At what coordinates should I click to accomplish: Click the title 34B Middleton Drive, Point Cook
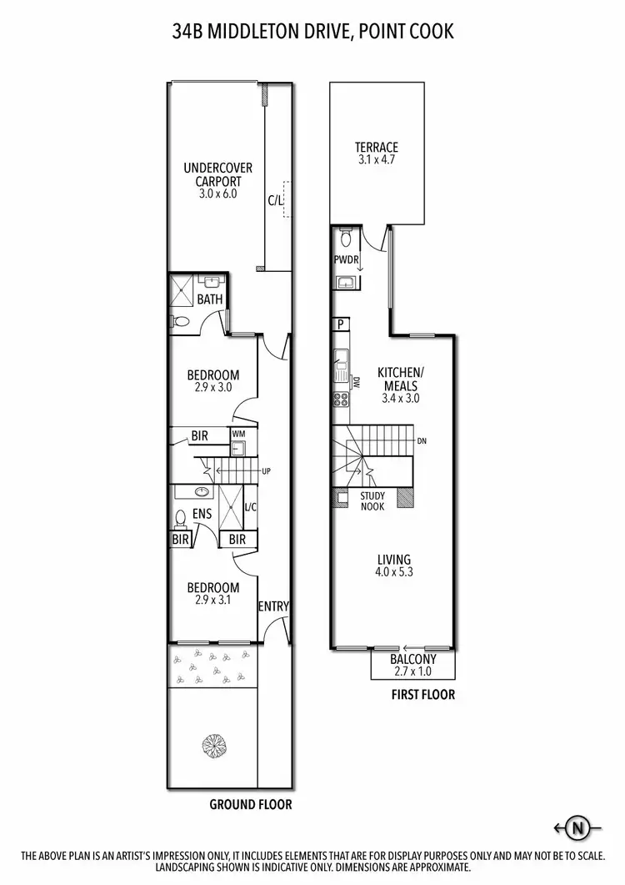tap(312, 32)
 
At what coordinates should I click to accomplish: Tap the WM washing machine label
tap(237, 433)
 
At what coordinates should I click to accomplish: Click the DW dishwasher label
tap(356, 385)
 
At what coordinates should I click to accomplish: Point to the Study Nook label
tap(372, 501)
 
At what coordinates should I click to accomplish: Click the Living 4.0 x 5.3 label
tap(394, 566)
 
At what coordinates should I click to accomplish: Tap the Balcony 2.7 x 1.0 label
tap(413, 665)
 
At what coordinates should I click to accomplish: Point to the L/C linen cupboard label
tap(250, 505)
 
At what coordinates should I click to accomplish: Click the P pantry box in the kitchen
tap(340, 324)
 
